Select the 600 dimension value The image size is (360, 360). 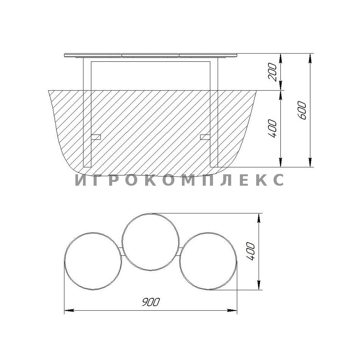(x=302, y=110)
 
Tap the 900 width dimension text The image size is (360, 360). (x=150, y=302)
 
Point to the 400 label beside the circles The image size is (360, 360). (x=250, y=252)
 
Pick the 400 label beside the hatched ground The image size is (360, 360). (x=272, y=128)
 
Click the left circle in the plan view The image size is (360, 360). (x=66, y=261)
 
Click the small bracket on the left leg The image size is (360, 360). (x=96, y=137)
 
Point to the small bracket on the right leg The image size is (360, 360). (x=205, y=137)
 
